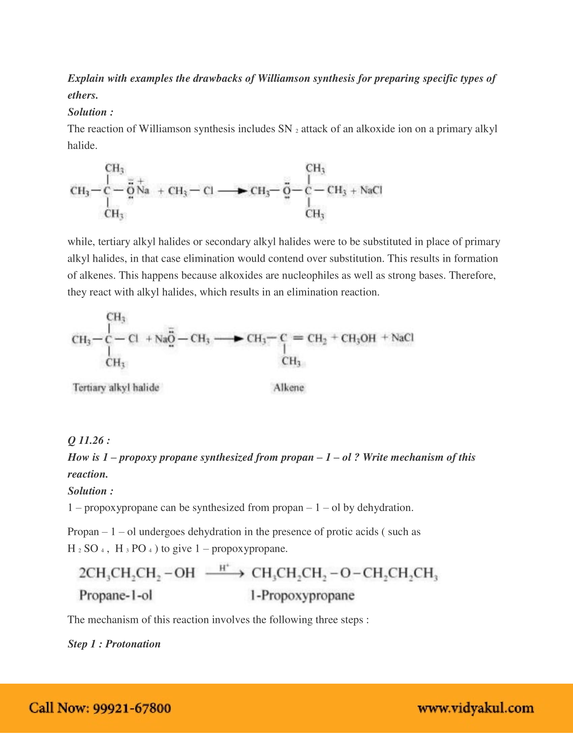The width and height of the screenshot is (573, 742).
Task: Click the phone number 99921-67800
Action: pyautogui.click(x=132, y=708)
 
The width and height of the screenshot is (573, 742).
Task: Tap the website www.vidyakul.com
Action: pyautogui.click(x=475, y=708)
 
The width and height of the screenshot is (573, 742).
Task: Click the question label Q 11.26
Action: pyautogui.click(x=89, y=440)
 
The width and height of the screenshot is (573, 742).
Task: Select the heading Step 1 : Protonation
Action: pyautogui.click(x=114, y=644)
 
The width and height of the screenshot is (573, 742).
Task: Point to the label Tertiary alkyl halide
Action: pyautogui.click(x=116, y=388)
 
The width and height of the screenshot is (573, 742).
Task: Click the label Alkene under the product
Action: pyautogui.click(x=289, y=388)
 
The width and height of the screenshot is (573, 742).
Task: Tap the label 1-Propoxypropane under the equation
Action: pyautogui.click(x=302, y=596)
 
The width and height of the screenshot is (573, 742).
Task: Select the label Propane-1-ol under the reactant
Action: pyautogui.click(x=115, y=596)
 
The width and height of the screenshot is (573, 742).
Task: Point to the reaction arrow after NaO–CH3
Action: pyautogui.click(x=229, y=339)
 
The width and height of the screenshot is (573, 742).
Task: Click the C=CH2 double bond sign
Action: pyautogui.click(x=298, y=338)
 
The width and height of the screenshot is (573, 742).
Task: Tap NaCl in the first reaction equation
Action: pyautogui.click(x=371, y=190)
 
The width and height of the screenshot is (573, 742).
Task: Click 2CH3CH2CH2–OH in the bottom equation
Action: pyautogui.click(x=137, y=573)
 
